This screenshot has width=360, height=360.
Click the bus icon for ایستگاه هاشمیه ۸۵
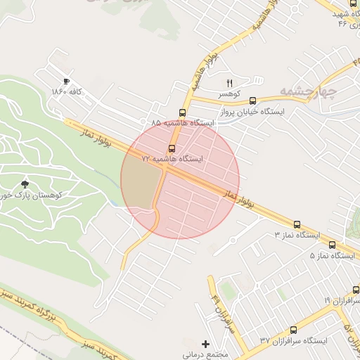183,112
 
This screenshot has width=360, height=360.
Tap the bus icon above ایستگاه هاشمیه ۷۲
172,148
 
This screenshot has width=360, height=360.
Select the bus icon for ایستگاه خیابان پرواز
252,101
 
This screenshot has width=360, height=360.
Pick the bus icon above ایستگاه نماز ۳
297,224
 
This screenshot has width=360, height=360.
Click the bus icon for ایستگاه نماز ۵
332,245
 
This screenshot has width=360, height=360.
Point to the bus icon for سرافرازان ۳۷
293,330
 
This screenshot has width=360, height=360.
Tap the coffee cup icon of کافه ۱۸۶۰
67,81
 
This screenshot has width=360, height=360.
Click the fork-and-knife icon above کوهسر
229,82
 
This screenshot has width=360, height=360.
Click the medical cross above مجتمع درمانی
205,344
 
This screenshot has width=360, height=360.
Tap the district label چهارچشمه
309,91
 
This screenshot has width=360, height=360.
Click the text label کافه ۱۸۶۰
67,92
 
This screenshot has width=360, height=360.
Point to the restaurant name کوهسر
229,94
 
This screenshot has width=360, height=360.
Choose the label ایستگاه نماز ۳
297,235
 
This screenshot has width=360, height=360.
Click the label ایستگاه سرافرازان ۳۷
293,341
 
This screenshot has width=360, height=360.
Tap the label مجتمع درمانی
205,354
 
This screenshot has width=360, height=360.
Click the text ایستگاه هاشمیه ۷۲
172,160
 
